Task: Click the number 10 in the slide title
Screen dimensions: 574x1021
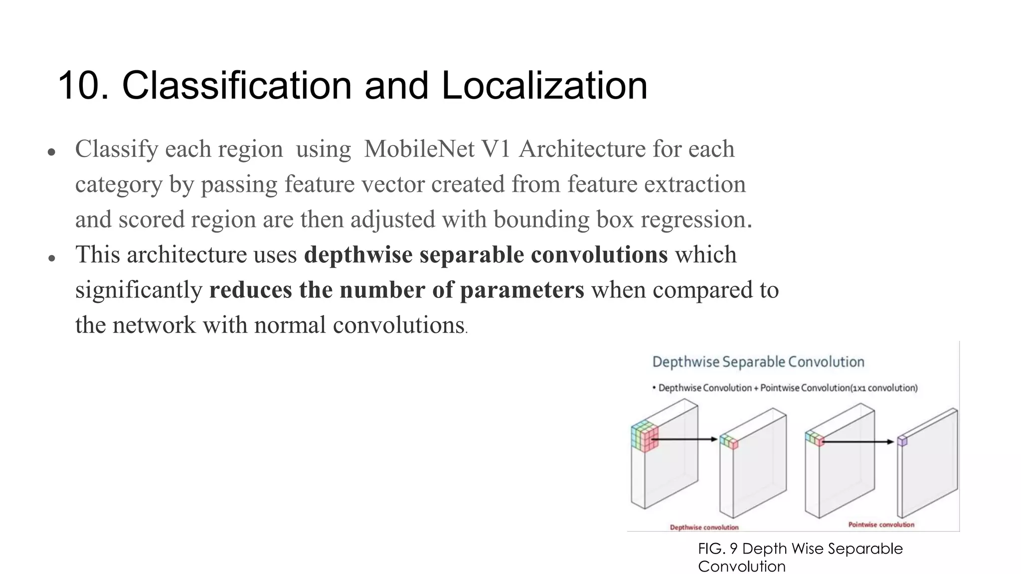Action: point(83,86)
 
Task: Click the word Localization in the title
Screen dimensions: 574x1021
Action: point(544,86)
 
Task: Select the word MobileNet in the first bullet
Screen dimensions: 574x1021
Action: point(419,149)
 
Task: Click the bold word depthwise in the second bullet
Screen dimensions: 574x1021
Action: point(358,255)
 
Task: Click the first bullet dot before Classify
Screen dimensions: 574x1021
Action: point(51,152)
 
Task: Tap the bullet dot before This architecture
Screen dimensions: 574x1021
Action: point(51,258)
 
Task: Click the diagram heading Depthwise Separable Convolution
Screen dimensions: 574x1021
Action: point(758,362)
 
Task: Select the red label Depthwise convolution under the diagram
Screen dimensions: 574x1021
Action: point(704,527)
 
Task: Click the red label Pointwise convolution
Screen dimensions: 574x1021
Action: point(881,525)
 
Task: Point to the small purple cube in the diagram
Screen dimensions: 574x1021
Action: point(902,441)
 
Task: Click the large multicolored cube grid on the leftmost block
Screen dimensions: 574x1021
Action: point(644,436)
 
